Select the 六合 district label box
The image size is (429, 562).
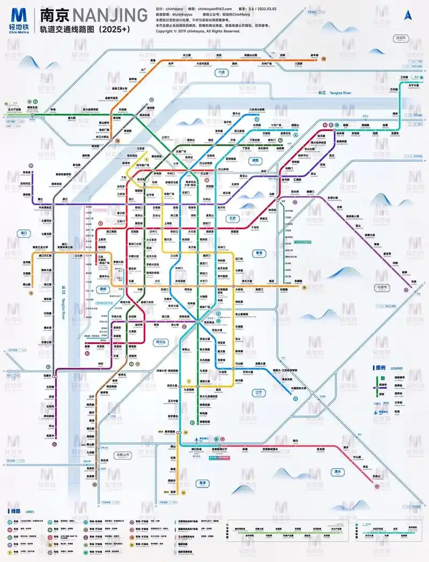(221, 72)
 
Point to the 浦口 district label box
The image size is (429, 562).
(23, 233)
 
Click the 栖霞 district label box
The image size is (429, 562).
(256, 160)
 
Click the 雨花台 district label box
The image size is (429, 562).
(161, 341)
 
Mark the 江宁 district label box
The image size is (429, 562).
(259, 392)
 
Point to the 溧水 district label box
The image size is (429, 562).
(338, 471)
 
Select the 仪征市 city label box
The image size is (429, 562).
(401, 38)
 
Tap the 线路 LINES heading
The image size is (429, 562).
(17, 511)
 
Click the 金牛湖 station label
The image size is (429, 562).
(315, 55)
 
